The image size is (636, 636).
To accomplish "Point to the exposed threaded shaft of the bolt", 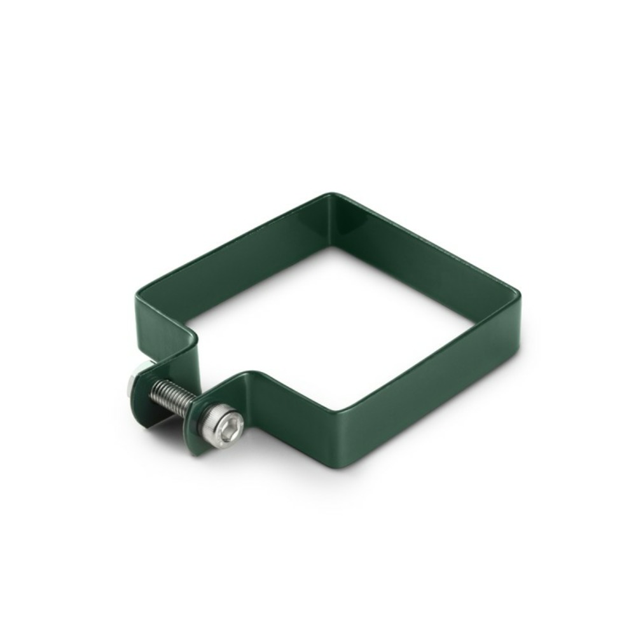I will click(173, 398).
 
